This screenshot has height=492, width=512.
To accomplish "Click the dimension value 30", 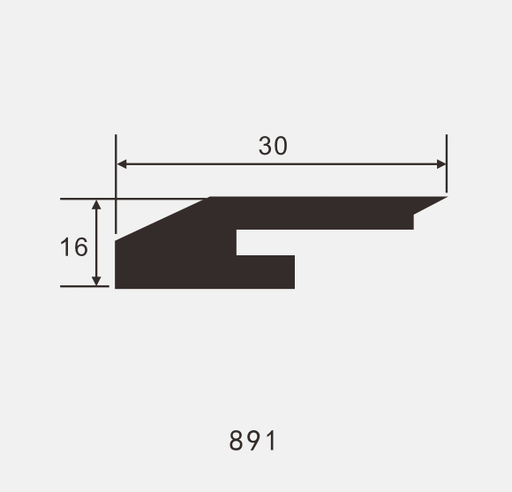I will pos(273,146).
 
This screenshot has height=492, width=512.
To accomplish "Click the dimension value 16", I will pos(74,246).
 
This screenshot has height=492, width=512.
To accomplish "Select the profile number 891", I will pos(253,440).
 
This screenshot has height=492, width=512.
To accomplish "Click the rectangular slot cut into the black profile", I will pos(265,243).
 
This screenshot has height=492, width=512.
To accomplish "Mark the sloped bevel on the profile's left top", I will pos(162,217).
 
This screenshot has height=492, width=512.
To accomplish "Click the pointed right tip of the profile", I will pos(444,198).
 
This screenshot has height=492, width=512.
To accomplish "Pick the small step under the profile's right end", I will pos(414,221).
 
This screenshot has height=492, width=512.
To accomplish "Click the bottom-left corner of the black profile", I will pos(117,287).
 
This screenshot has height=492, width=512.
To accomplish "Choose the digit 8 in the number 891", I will pos(236,440).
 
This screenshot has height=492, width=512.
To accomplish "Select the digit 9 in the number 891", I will pos(253,440).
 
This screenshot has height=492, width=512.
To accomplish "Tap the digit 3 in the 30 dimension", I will pos(266,146).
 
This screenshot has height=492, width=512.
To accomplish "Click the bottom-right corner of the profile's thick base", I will pos(293,287).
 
